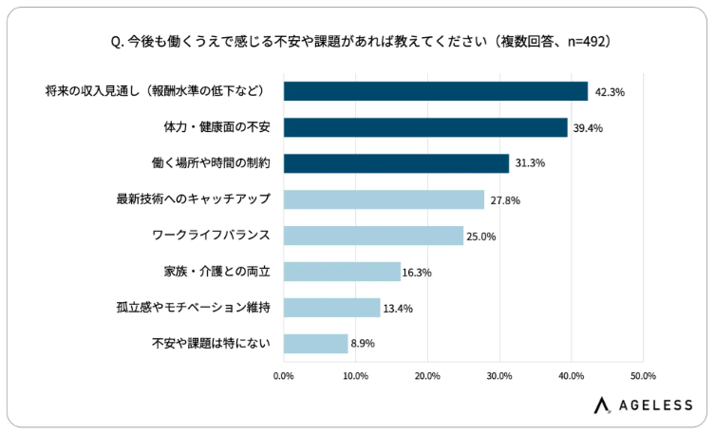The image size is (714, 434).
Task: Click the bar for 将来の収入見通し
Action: pos(436,91)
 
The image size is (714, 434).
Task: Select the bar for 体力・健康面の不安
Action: pos(425,127)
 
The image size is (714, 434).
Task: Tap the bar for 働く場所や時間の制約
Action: pos(396,163)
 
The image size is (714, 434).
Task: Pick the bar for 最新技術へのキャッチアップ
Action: pos(384,199)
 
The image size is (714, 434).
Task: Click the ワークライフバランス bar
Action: pos(373,236)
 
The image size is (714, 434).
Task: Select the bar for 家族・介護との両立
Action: pos(342,272)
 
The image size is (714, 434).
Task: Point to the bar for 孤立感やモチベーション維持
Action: pos(331,308)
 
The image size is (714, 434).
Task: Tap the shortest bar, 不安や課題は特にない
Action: pos(315,344)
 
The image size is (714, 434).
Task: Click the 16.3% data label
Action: pos(417,273)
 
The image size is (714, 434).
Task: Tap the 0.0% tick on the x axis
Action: pos(284,376)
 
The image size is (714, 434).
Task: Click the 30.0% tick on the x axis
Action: pos(499,376)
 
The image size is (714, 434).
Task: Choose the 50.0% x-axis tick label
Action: pos(643,376)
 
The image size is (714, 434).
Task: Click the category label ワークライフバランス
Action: pos(211,236)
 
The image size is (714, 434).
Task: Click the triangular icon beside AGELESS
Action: pos(602,406)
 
